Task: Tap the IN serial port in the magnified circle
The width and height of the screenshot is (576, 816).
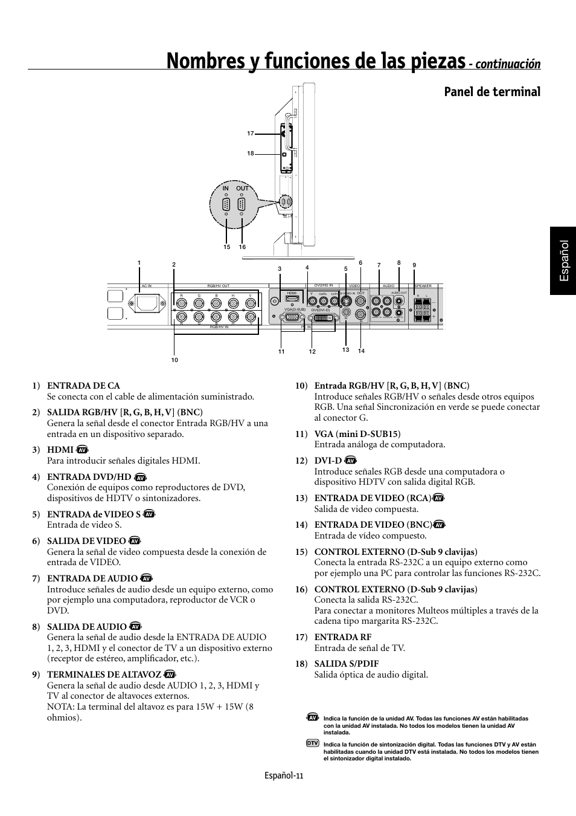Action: tap(226, 204)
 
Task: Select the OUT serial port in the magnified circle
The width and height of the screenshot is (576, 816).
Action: tap(242, 204)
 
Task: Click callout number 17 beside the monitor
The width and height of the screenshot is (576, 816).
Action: tap(251, 133)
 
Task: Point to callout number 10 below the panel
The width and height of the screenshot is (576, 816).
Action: tap(174, 360)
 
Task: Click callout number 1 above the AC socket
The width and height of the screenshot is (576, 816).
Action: tap(139, 262)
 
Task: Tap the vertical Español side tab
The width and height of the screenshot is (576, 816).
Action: tap(563, 261)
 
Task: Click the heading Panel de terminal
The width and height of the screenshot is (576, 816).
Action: tap(492, 92)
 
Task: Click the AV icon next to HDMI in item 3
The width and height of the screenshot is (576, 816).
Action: tap(83, 450)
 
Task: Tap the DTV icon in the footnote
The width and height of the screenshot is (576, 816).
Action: tap(312, 743)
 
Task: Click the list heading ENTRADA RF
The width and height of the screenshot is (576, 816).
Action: tap(342, 637)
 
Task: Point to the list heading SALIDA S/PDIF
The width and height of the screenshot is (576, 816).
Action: tap(346, 664)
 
